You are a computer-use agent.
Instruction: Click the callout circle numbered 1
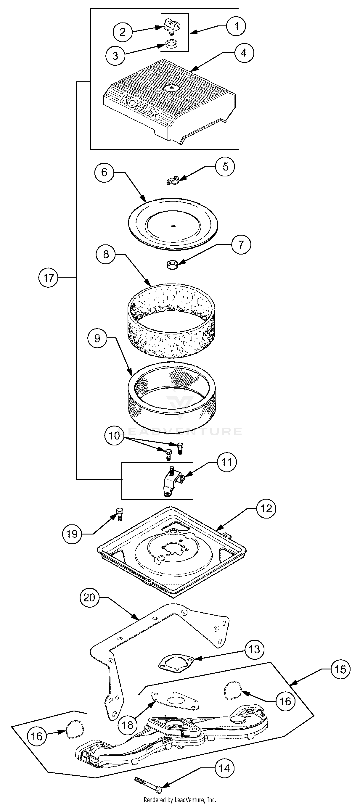point(236,26)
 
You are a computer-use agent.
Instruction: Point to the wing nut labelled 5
point(172,180)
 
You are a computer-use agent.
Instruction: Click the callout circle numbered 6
point(105,172)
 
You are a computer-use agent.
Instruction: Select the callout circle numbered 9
point(97,338)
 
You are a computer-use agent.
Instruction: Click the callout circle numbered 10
point(114,436)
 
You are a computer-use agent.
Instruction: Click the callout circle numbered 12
point(266,509)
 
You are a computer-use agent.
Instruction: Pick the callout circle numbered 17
point(49,278)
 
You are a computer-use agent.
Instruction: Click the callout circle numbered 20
point(89,598)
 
